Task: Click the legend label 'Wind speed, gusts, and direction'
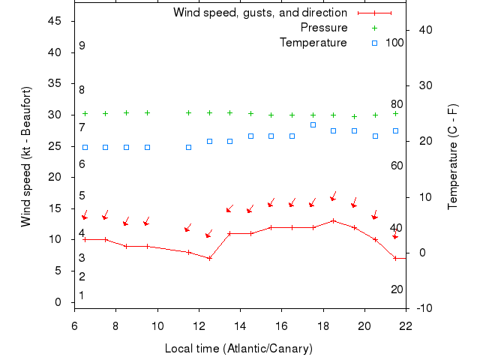tap(259, 13)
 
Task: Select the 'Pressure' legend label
tap(323, 28)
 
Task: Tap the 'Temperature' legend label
tap(313, 43)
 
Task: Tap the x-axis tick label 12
tap(199, 326)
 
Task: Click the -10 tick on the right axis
tap(423, 308)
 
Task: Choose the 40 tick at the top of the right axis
tap(423, 30)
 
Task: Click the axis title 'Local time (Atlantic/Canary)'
tap(238, 349)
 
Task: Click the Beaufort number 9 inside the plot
tap(82, 46)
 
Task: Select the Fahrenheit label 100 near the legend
tap(394, 43)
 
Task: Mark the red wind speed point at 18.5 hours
tap(334, 221)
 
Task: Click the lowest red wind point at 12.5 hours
tap(210, 258)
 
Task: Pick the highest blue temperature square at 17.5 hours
tap(313, 124)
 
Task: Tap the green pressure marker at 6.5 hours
tap(85, 114)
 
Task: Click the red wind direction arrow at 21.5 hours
tap(395, 235)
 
